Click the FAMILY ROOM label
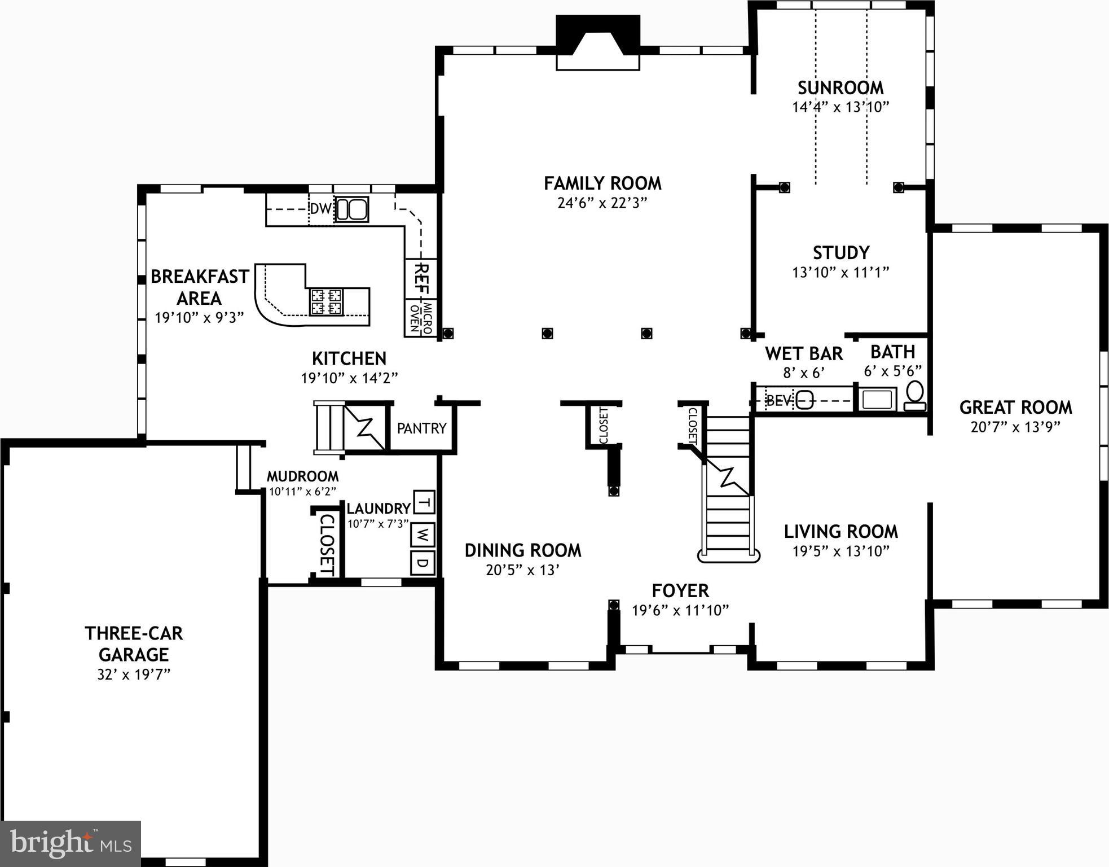602,183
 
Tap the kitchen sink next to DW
351,209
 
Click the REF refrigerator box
421,278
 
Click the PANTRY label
421,428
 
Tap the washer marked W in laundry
423,534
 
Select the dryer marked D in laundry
423,563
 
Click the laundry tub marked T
424,502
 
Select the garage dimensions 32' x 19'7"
134,674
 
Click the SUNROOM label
840,88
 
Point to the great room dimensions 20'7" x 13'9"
1015,427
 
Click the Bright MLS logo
71,843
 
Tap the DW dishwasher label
320,209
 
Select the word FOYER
680,591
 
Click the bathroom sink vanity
877,400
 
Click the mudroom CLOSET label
328,544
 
